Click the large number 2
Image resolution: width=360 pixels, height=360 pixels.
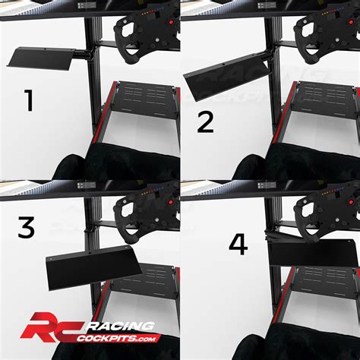[x=206, y=121]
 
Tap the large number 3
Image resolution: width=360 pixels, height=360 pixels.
[x=27, y=229]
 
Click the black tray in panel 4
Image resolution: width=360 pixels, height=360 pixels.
[x=311, y=252]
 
